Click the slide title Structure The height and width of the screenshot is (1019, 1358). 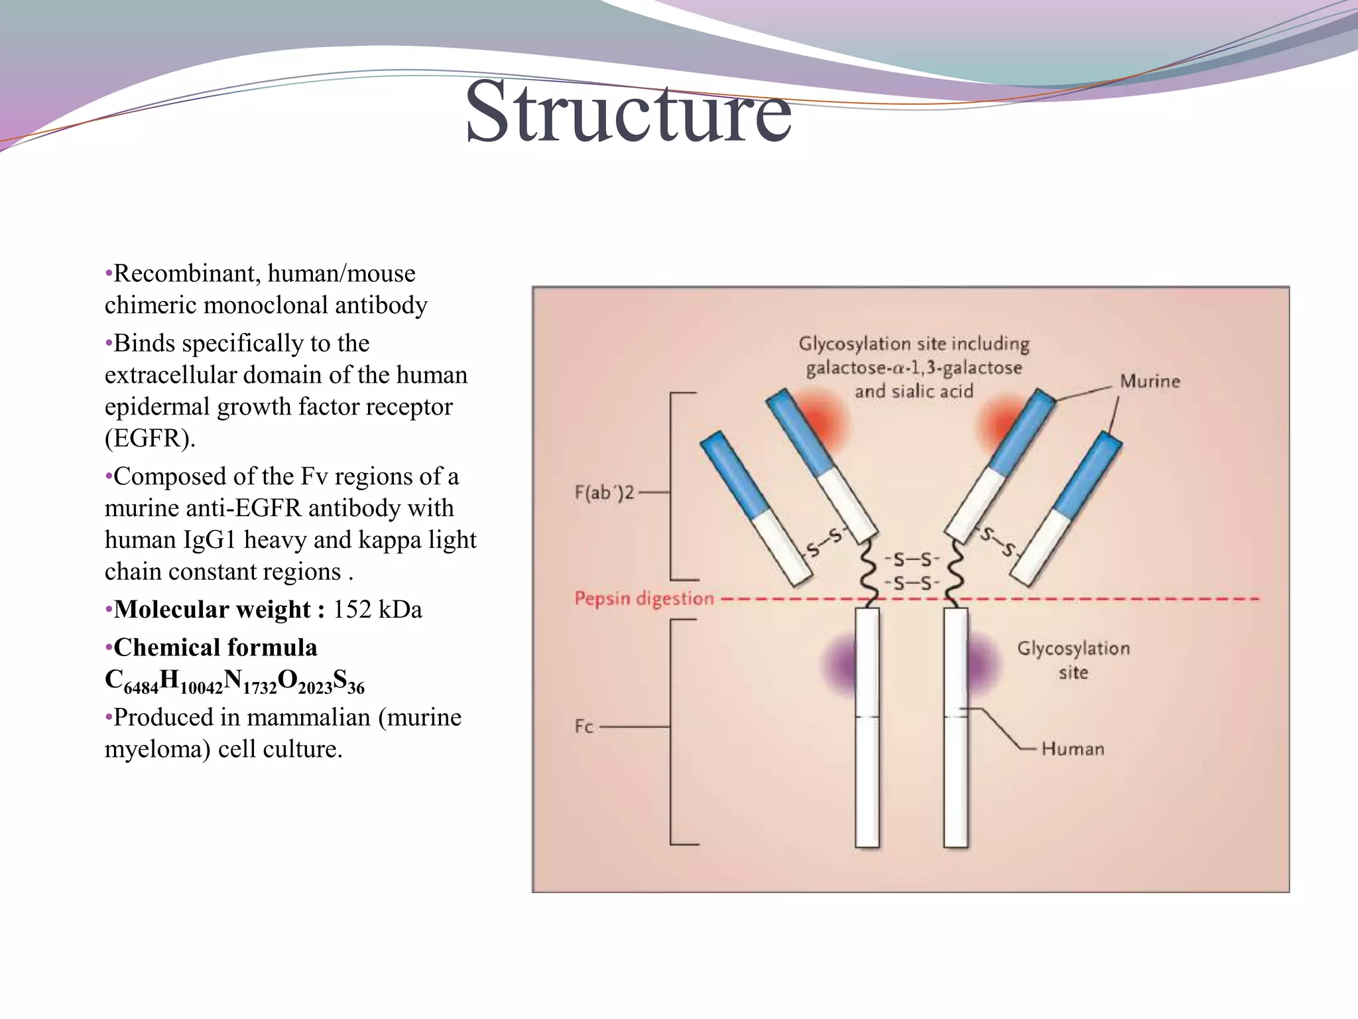pos(628,113)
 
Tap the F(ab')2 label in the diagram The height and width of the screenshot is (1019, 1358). pos(604,493)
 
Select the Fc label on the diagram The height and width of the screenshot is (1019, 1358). pos(584,726)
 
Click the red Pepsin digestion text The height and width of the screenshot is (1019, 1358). pos(644,599)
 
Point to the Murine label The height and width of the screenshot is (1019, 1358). pos(1150,381)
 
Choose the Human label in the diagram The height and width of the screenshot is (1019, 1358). pos(1072,749)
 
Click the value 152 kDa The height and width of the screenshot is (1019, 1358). pos(377,609)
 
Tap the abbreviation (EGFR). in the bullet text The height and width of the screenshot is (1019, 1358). pos(150,439)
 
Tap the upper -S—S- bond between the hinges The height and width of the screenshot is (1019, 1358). pos(912,560)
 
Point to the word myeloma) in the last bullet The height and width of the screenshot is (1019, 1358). pos(157,749)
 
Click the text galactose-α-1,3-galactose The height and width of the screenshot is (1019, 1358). pos(914,368)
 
